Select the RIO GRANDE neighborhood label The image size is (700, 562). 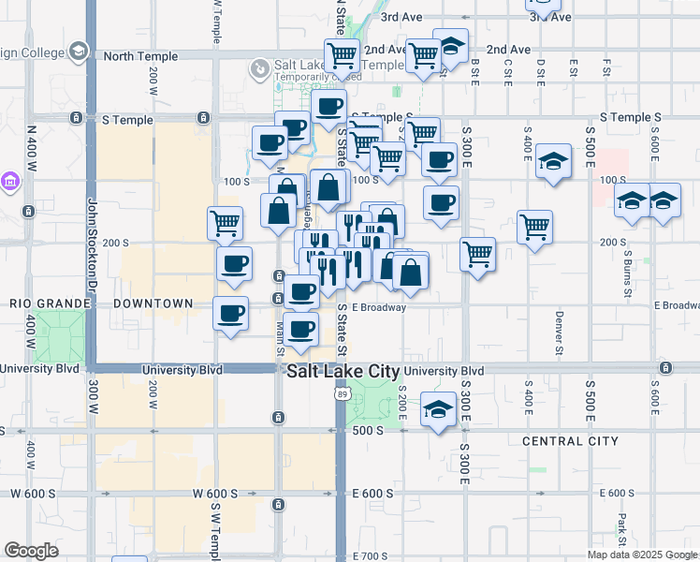[x=49, y=304]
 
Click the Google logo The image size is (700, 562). [x=31, y=551]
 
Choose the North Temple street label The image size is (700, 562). [x=140, y=56]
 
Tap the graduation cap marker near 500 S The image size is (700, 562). [x=438, y=411]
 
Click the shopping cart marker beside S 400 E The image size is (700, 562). [x=534, y=226]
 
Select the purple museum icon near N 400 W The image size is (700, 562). [x=10, y=180]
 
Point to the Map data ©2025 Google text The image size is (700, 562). [x=641, y=555]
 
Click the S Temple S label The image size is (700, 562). [x=631, y=117]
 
